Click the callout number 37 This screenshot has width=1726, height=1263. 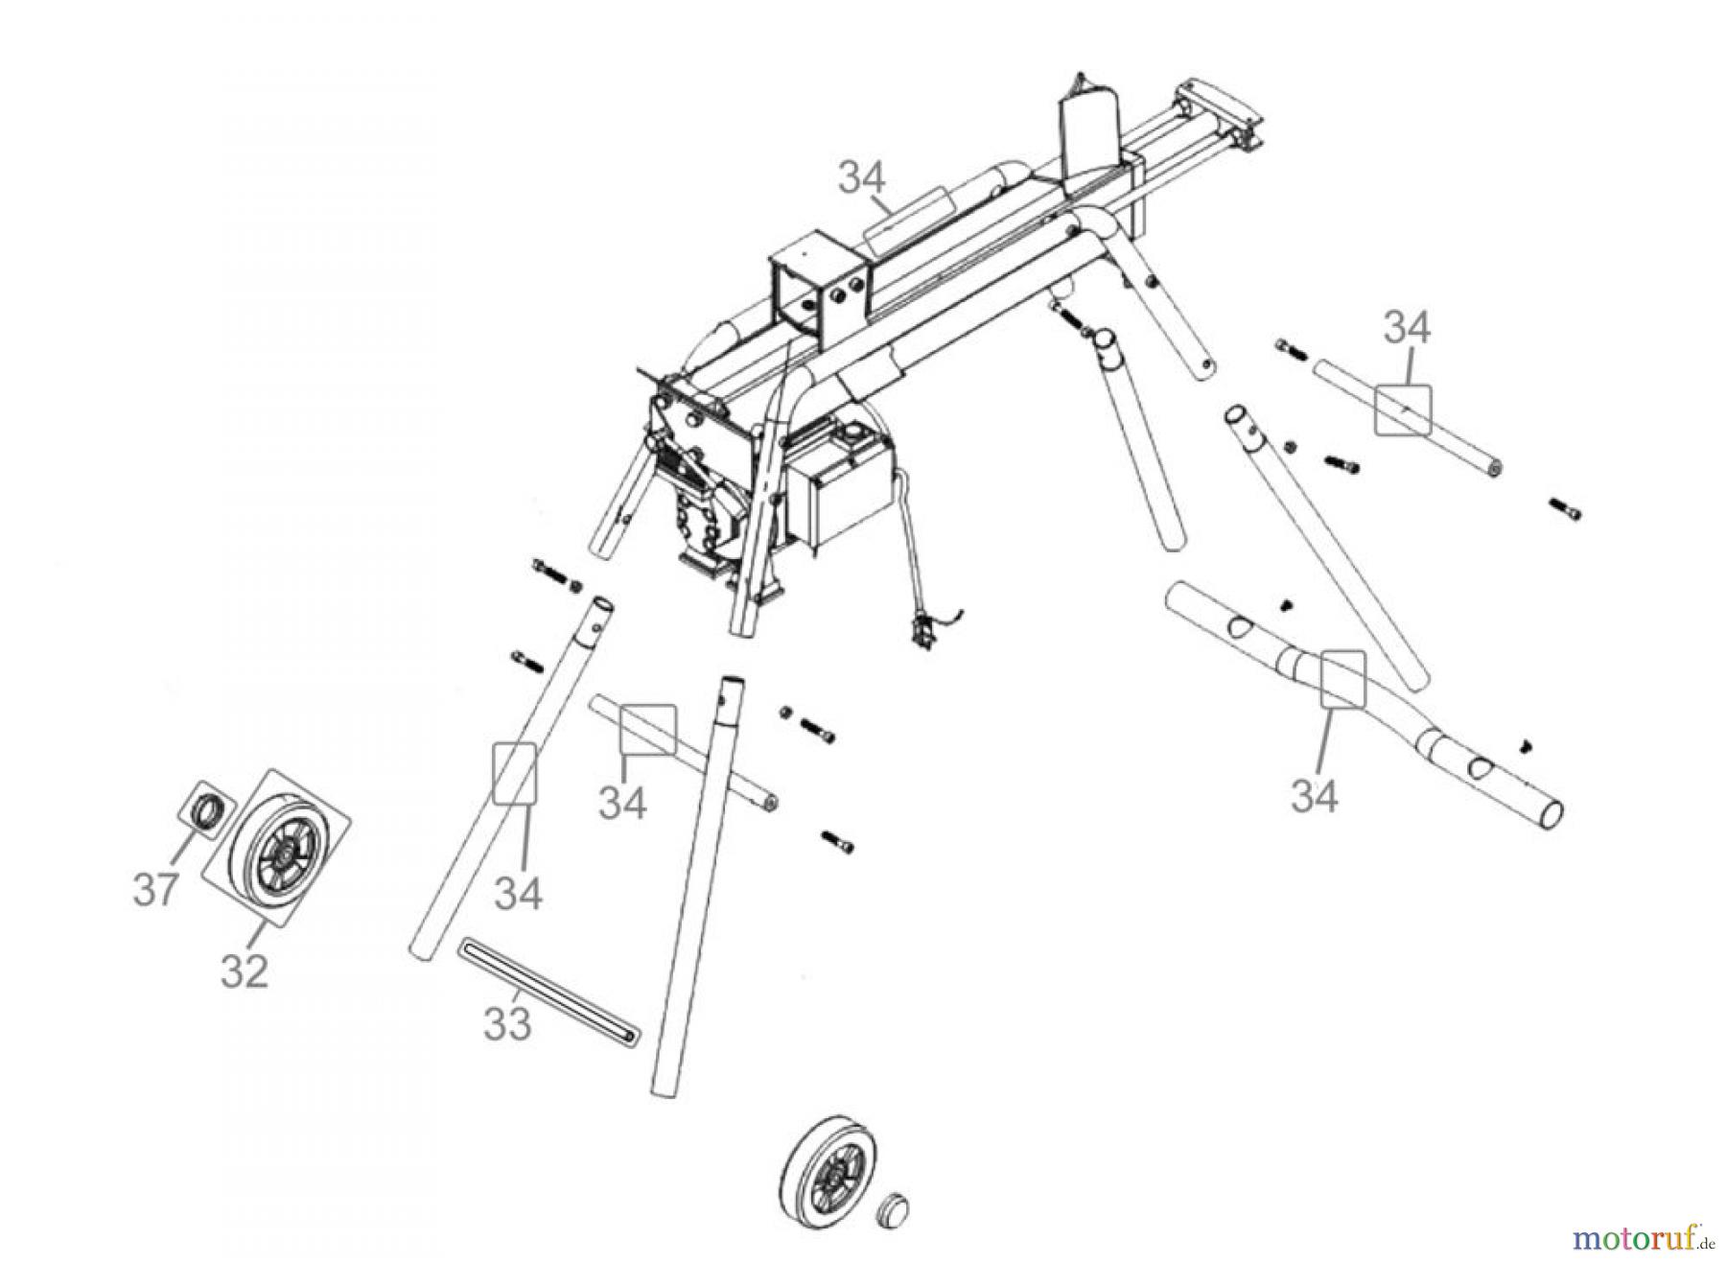click(x=155, y=889)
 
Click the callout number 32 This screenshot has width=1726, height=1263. click(x=244, y=971)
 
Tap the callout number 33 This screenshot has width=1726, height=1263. click(x=506, y=1023)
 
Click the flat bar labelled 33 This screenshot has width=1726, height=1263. click(x=548, y=992)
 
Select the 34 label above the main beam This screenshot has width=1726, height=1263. click(x=862, y=178)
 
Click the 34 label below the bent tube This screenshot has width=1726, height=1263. click(x=1314, y=794)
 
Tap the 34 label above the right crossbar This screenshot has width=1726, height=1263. click(x=1407, y=329)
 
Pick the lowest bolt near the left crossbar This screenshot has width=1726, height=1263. click(x=837, y=842)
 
